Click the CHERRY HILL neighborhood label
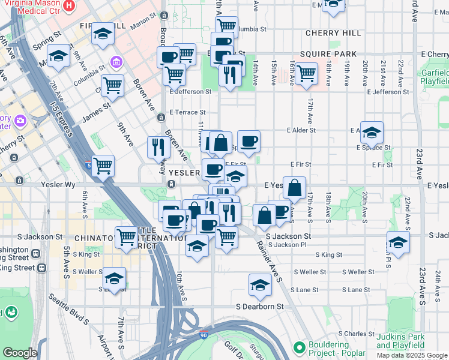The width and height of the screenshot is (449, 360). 333,33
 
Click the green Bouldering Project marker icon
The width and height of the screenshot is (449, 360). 299,347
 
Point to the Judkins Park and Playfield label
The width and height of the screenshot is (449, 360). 400,341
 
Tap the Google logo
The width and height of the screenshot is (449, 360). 19,353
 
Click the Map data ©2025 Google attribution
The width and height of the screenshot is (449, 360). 412,355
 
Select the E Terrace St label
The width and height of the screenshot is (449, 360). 187,112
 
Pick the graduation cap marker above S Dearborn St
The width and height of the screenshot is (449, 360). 260,284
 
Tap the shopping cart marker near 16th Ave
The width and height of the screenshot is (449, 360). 306,73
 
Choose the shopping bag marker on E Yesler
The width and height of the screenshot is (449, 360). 295,188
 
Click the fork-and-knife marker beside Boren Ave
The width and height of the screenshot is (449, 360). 158,147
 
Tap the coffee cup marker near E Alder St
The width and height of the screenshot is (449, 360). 249,141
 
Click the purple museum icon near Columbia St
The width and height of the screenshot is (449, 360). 116,62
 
